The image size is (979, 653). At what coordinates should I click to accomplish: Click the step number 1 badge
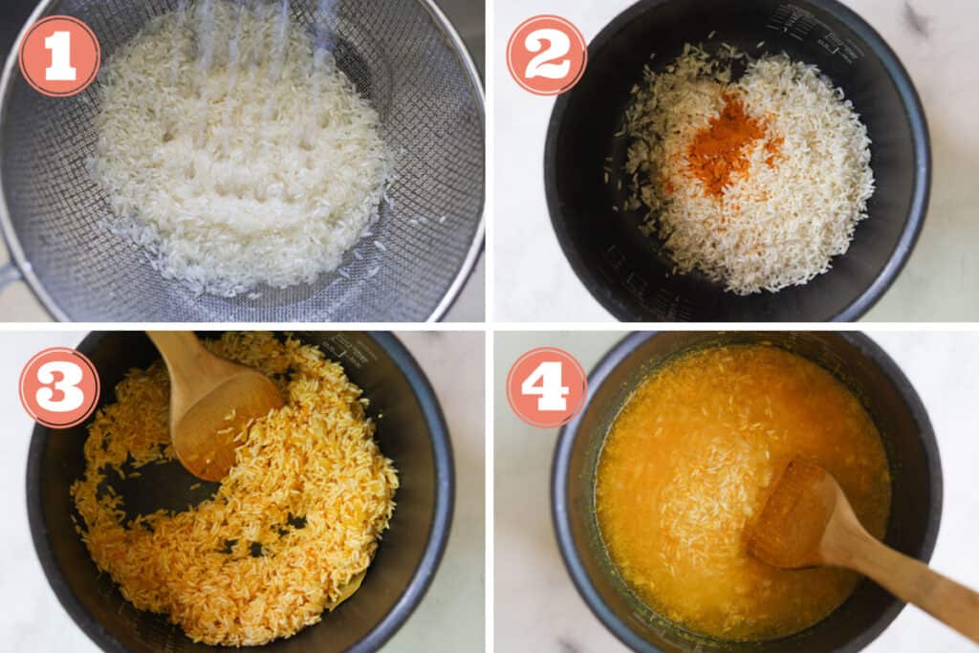59,56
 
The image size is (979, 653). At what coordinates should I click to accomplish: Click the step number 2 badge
546,54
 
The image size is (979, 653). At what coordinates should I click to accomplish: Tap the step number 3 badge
59,387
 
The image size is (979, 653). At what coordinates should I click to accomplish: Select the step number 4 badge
546,387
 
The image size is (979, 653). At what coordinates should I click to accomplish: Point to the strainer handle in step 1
8,277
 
